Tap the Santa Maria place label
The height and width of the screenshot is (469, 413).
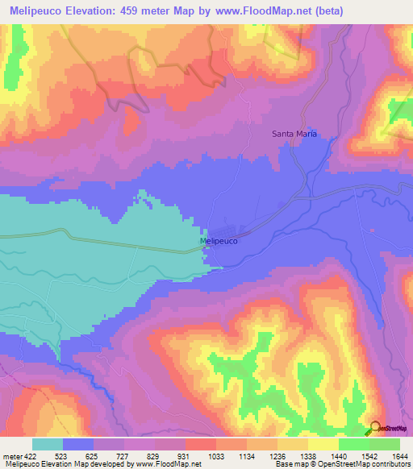point(292,134)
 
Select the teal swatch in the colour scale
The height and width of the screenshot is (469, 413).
point(47,444)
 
